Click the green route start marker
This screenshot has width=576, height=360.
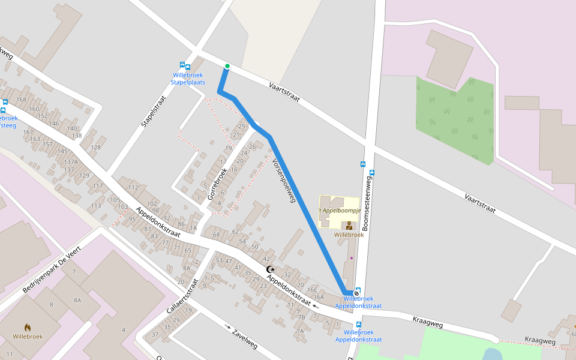point(227,66)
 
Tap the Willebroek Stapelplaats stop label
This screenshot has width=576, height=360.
point(188,79)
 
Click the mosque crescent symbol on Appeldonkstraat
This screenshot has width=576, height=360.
point(270,270)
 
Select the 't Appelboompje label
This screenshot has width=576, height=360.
point(339,211)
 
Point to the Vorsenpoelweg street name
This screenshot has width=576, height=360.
point(284,181)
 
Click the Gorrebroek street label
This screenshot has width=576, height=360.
point(217,184)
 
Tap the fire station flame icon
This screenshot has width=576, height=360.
point(26,327)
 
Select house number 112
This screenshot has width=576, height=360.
point(133,188)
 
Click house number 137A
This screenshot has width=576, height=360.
point(71,162)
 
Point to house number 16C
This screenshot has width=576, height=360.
point(313,290)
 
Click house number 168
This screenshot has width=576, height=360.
point(22,100)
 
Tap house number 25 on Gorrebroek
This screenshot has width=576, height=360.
point(242,126)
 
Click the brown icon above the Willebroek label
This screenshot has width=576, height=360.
point(349,226)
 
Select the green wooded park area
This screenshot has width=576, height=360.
point(456,120)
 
